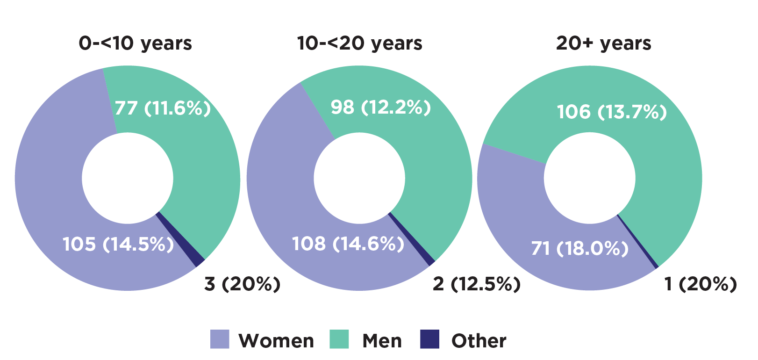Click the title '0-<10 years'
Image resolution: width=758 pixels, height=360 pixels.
pyautogui.click(x=136, y=43)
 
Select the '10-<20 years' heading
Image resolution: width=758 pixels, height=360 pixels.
pyautogui.click(x=359, y=43)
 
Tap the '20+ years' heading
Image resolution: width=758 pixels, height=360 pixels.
pyautogui.click(x=603, y=43)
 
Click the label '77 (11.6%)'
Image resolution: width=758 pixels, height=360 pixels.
pyautogui.click(x=163, y=108)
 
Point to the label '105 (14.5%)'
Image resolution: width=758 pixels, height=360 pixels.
pyautogui.click(x=118, y=244)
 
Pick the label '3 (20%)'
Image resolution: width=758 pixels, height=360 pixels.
pyautogui.click(x=242, y=284)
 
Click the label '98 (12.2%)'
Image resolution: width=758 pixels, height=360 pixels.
pyautogui.click(x=380, y=107)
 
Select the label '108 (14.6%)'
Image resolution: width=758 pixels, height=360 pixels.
pyautogui.click(x=348, y=244)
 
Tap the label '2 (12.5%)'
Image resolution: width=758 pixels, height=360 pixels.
pyautogui.click(x=476, y=284)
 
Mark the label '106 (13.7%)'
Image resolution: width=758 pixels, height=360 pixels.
pyautogui.click(x=612, y=112)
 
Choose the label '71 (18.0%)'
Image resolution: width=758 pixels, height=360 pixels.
pyautogui.click(x=579, y=248)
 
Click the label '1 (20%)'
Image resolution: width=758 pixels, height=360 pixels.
pyautogui.click(x=700, y=284)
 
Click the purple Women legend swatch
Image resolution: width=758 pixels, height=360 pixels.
pyautogui.click(x=220, y=339)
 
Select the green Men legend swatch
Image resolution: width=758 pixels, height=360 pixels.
pyautogui.click(x=339, y=339)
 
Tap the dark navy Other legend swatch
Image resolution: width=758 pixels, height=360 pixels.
pyautogui.click(x=429, y=339)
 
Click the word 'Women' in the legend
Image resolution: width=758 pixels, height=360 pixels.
pyautogui.click(x=276, y=341)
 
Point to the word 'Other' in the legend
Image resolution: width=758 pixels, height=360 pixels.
pyautogui.click(x=479, y=341)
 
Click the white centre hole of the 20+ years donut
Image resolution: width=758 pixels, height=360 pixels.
pyautogui.click(x=589, y=178)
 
